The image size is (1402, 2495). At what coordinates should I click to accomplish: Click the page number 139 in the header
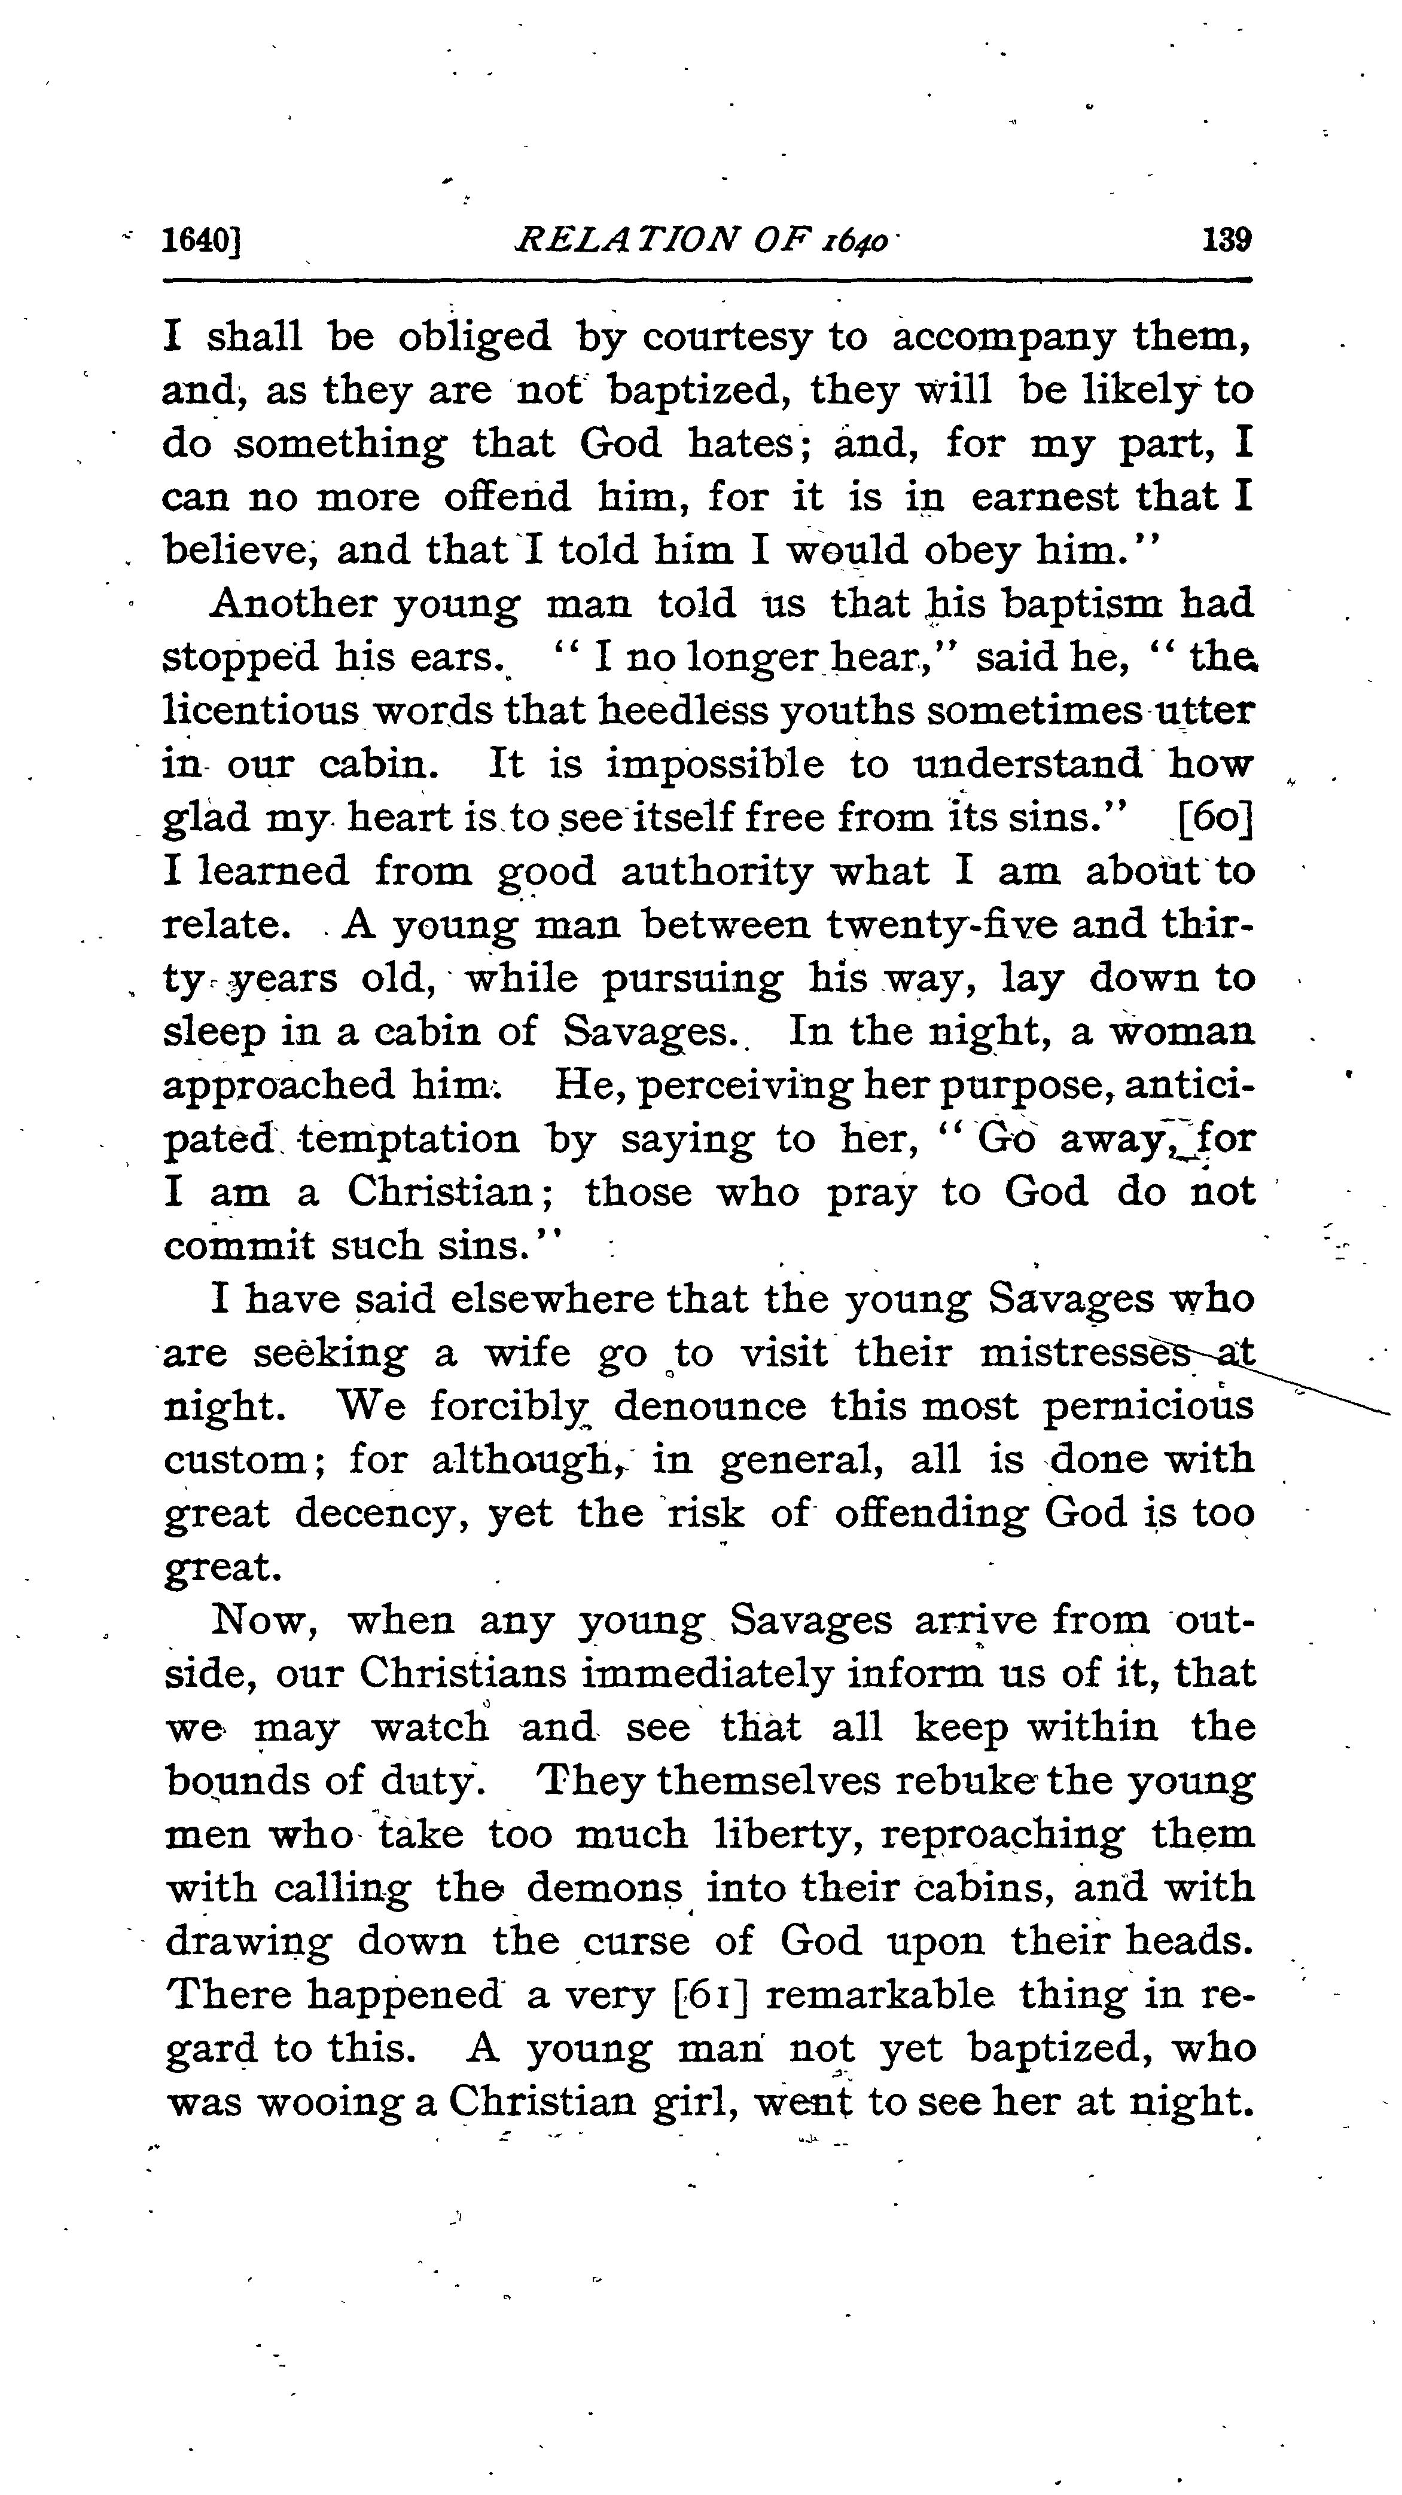coord(1226,239)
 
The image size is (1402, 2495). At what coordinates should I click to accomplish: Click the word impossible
coord(715,765)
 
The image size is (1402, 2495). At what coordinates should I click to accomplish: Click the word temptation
coord(409,1138)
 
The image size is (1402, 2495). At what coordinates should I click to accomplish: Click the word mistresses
coord(1085,1352)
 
